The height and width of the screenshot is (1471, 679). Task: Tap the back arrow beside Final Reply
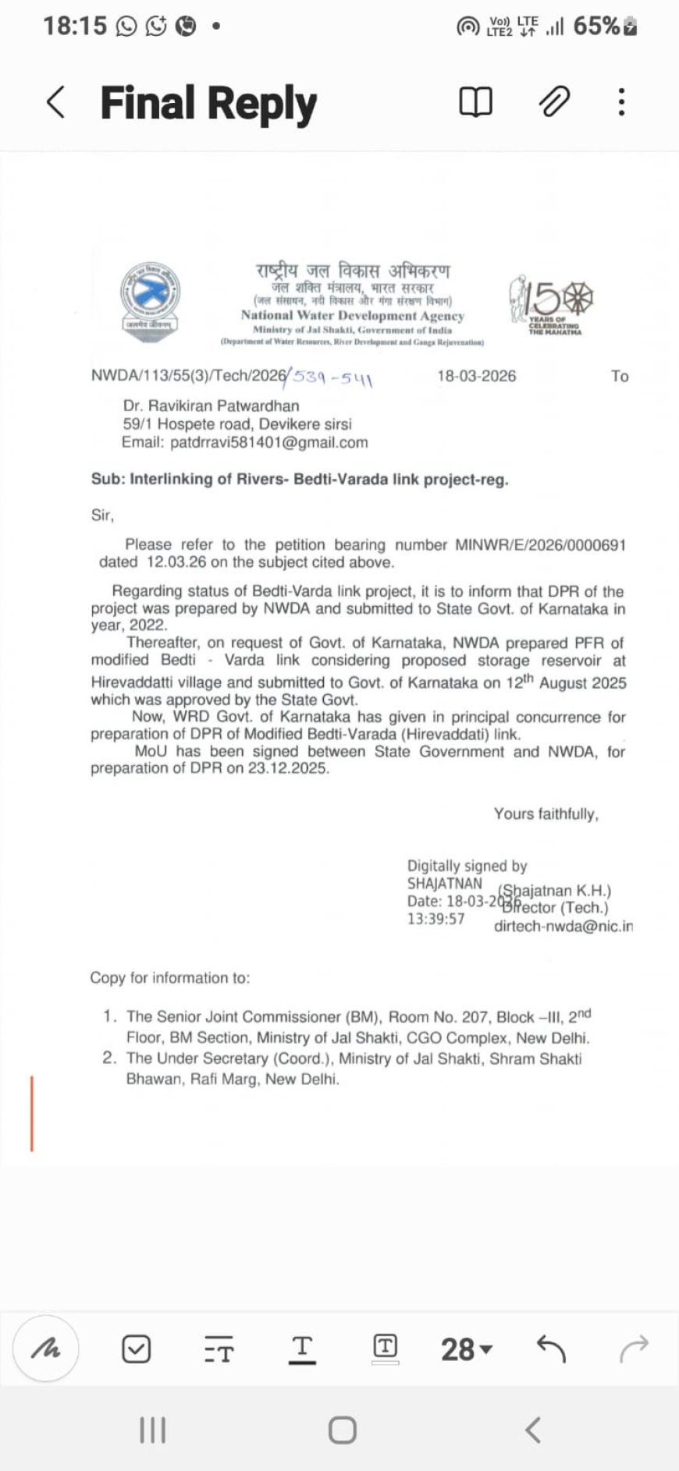55,102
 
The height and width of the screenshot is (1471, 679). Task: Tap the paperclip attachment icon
554,101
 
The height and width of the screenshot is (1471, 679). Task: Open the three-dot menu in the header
621,102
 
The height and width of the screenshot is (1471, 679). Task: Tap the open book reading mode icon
475,102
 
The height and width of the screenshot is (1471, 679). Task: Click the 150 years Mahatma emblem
552,305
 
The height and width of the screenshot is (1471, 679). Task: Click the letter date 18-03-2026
476,376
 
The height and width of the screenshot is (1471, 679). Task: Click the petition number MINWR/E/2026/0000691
540,544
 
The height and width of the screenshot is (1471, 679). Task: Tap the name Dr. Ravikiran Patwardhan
211,406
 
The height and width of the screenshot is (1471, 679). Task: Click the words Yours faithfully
546,813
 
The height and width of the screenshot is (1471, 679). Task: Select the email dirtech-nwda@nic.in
563,927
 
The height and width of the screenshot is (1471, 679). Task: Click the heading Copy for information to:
169,978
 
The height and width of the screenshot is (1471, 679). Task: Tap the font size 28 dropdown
466,1349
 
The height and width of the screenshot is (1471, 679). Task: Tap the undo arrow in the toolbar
551,1348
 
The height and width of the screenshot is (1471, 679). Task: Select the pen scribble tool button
46,1349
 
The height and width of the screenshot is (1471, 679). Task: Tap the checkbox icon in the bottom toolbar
137,1349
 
